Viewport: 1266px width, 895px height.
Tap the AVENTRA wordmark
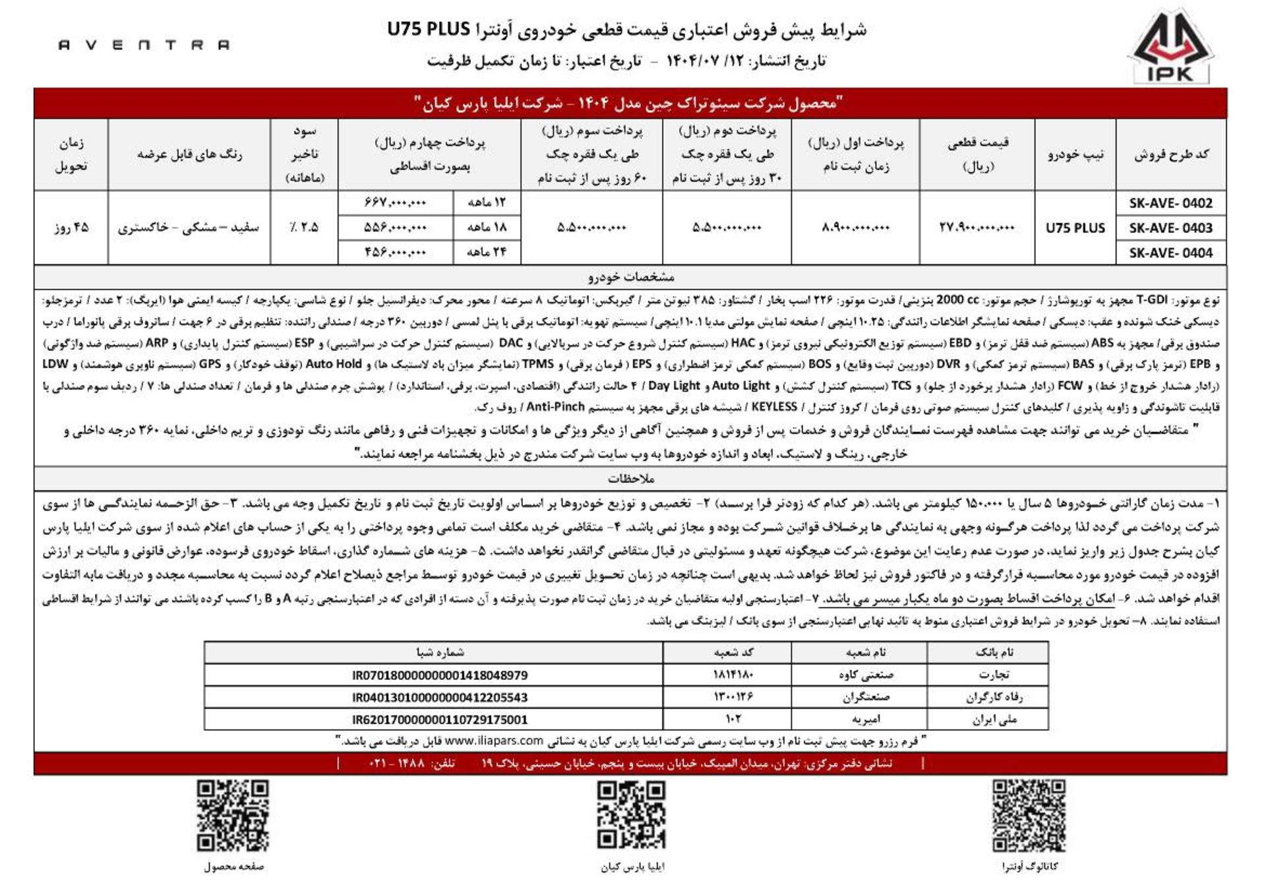click(144, 45)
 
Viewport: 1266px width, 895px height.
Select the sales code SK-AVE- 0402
click(1170, 203)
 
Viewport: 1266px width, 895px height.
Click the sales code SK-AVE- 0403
click(1170, 228)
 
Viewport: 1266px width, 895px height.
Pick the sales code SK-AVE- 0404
click(1170, 253)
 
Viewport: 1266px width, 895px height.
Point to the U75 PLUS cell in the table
click(1075, 228)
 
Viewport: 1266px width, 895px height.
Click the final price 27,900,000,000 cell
click(977, 228)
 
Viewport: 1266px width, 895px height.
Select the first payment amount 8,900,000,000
click(855, 228)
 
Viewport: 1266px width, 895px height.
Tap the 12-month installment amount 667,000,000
click(395, 202)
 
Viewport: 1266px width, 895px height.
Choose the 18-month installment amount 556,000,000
click(395, 228)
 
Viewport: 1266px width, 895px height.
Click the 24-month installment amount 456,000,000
click(395, 252)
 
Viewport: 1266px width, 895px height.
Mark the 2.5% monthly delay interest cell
click(304, 228)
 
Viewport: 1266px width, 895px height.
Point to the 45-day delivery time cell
click(71, 228)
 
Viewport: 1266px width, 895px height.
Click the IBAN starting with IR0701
click(440, 675)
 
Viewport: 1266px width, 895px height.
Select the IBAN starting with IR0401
click(440, 698)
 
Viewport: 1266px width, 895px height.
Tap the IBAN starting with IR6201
click(440, 720)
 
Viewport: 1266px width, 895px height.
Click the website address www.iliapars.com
click(494, 741)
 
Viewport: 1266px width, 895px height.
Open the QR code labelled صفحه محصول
click(233, 816)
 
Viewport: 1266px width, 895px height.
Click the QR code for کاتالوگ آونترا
click(1029, 816)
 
